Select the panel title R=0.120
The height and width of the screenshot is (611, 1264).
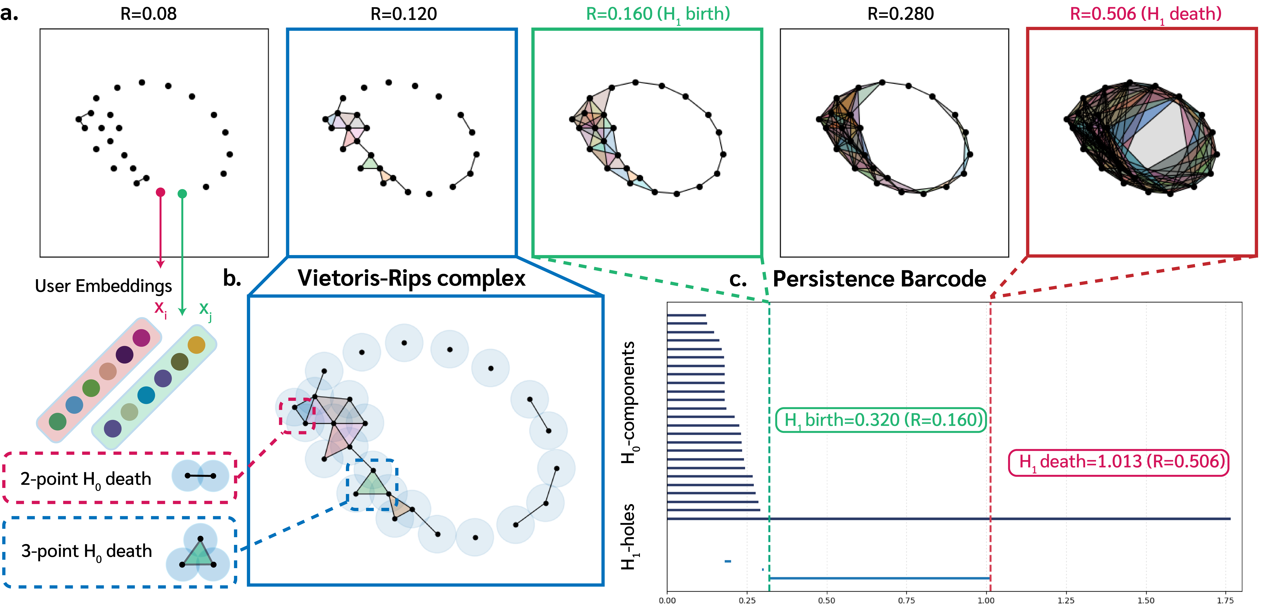403,14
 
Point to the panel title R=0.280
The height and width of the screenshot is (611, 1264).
900,14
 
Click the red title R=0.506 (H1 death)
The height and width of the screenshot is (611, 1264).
1145,14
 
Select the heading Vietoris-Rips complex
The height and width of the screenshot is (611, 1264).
411,278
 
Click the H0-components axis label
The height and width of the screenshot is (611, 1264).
628,402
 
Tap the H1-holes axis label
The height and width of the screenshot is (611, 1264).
628,537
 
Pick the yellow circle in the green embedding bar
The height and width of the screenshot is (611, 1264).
196,345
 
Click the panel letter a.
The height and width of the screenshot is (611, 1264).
9,14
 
